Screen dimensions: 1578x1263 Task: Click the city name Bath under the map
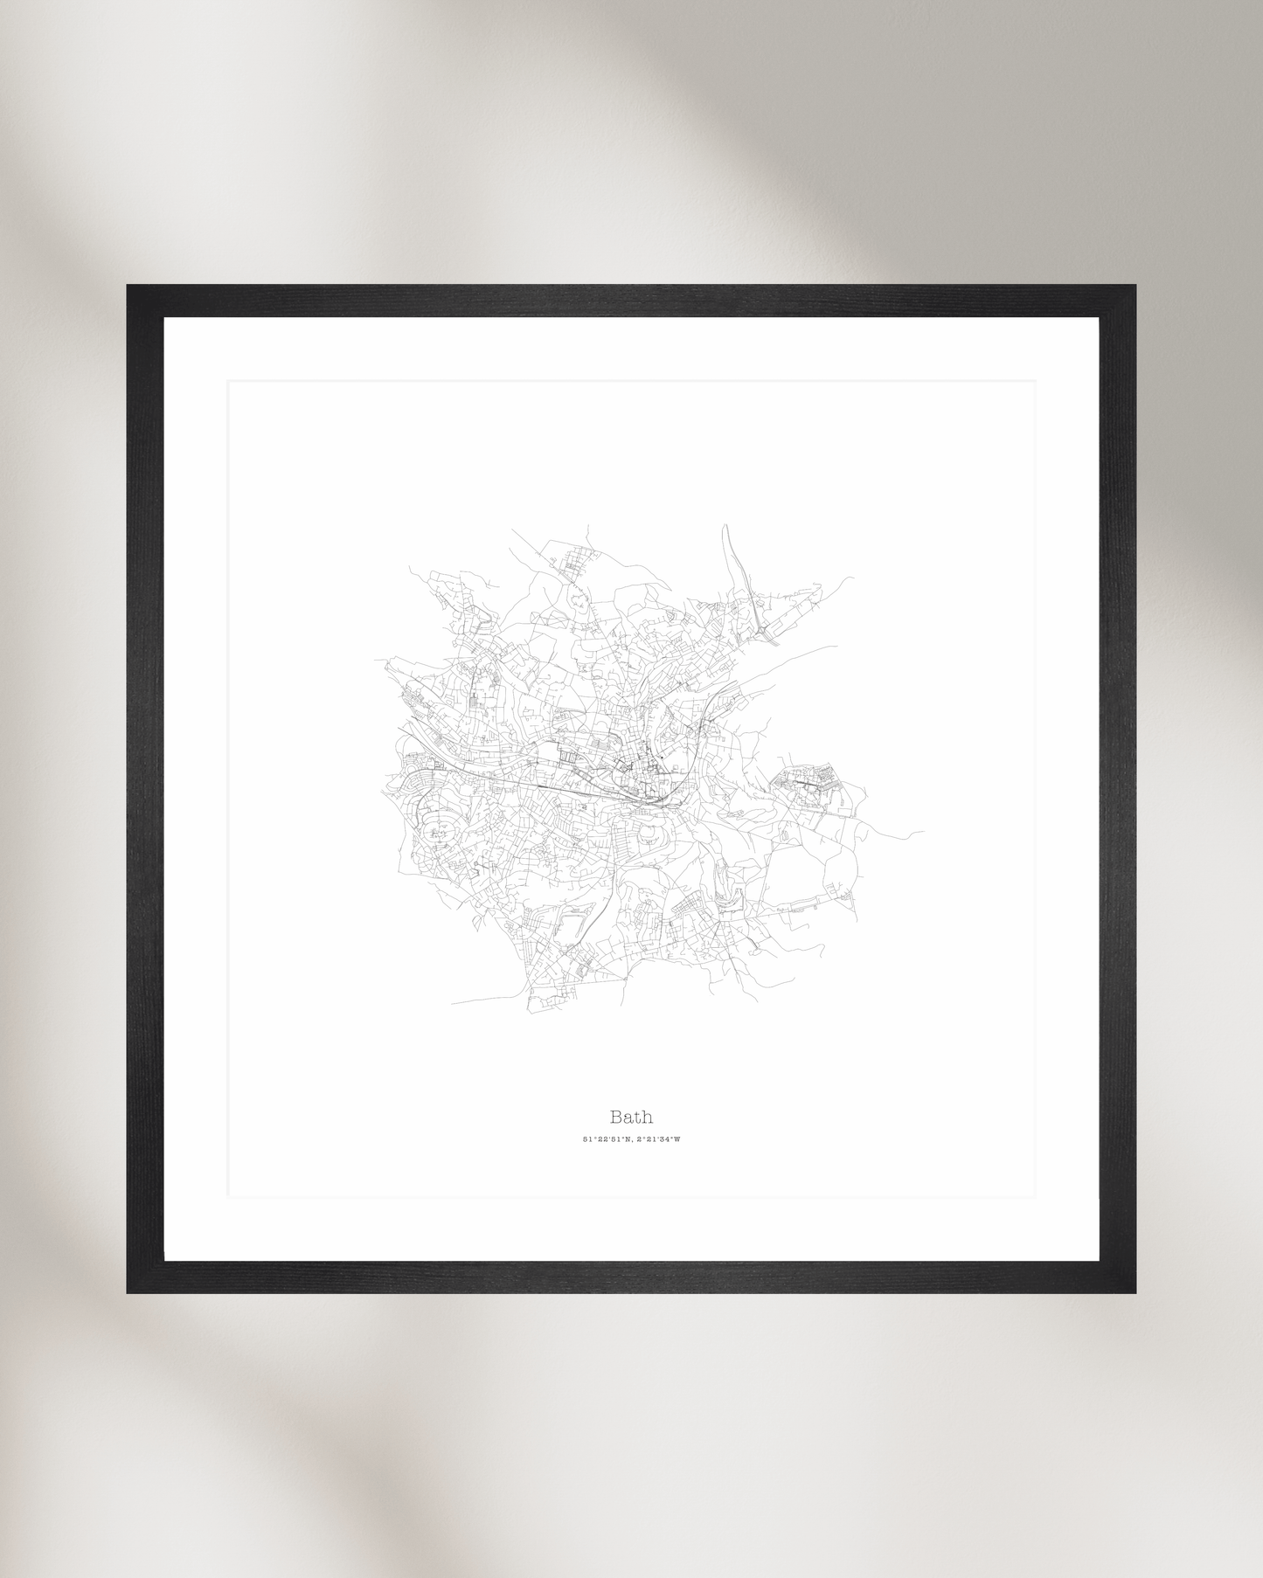pyautogui.click(x=631, y=1117)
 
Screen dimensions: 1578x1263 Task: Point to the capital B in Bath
pyautogui.click(x=616, y=1117)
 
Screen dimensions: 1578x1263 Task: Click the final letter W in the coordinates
pyautogui.click(x=677, y=1139)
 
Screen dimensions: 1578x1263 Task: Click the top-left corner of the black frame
pyautogui.click(x=128, y=287)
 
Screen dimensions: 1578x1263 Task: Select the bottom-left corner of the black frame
pyautogui.click(x=128, y=1291)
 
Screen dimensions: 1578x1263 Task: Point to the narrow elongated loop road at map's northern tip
pyautogui.click(x=732, y=559)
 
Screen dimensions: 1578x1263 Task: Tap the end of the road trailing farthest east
pyautogui.click(x=923, y=831)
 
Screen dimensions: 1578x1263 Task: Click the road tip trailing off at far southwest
pyautogui.click(x=453, y=1002)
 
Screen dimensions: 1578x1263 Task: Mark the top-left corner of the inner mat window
pyautogui.click(x=229, y=381)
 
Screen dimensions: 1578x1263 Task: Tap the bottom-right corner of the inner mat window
pyautogui.click(x=1035, y=1195)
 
